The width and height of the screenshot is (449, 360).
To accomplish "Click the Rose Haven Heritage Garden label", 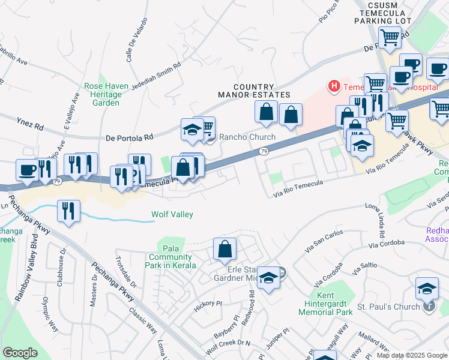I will coord(106,94).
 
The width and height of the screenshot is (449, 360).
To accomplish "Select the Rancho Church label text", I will coord(247,137).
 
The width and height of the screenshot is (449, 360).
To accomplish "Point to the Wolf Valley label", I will coord(172,214).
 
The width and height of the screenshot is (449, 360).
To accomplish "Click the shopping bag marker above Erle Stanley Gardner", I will coord(224,249).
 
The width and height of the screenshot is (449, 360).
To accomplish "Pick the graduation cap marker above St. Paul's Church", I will coord(427,289).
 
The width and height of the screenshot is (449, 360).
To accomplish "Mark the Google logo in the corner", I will coord(20,353).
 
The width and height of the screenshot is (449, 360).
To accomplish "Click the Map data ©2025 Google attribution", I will coord(411,355).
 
